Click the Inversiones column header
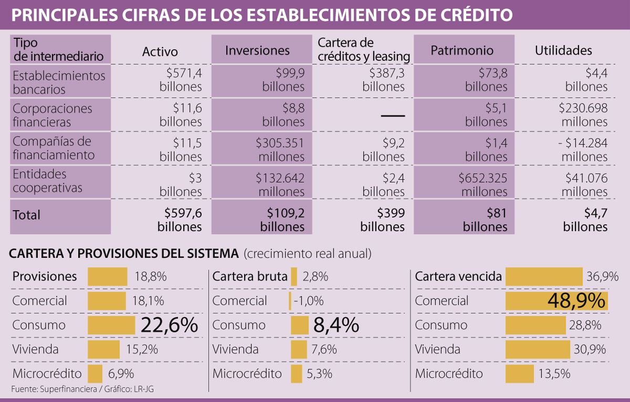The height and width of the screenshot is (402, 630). [x=257, y=50]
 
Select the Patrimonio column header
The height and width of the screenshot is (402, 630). [x=462, y=50]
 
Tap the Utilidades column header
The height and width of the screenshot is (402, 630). [x=563, y=50]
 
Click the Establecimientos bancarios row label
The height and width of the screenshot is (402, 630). [x=59, y=82]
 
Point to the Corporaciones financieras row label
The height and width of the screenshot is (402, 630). [x=52, y=115]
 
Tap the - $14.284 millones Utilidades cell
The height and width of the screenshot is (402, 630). [x=580, y=149]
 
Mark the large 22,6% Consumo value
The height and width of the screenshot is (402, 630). [x=169, y=325]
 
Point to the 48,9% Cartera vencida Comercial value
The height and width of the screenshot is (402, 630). [x=576, y=301]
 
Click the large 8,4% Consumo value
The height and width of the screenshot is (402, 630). [x=336, y=325]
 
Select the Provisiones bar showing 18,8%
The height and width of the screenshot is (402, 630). [x=107, y=276]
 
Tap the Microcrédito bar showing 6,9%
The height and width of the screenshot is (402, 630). [x=95, y=374]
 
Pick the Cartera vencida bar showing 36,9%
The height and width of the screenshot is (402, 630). [x=544, y=276]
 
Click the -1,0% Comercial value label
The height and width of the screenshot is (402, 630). [x=308, y=301]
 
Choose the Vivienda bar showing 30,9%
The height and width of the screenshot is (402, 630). [x=537, y=350]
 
